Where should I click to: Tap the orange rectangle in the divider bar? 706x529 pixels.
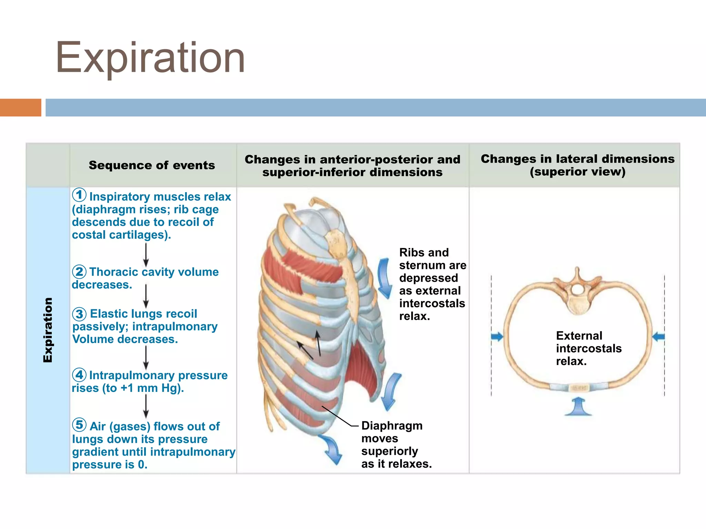[x=20, y=107]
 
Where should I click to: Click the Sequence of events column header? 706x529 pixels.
[x=152, y=165]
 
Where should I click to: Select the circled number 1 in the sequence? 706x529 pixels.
[x=79, y=195]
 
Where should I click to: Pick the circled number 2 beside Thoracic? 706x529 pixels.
[x=79, y=272]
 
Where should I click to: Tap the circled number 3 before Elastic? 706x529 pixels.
[x=79, y=314]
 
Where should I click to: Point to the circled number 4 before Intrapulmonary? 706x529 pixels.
[x=79, y=375]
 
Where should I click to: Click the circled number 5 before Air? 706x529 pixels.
[x=79, y=425]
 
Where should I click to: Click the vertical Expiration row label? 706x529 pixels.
[x=48, y=330]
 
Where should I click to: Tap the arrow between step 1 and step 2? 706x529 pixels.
[x=146, y=255]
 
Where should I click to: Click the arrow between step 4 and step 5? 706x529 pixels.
[x=146, y=406]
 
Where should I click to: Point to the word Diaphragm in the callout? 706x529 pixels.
[x=392, y=426]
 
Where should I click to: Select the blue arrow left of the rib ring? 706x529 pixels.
[x=497, y=336]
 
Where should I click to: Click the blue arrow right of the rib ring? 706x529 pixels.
[x=658, y=336]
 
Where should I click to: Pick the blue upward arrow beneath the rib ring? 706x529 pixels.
[x=578, y=406]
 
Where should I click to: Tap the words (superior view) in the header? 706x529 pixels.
[x=577, y=172]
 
